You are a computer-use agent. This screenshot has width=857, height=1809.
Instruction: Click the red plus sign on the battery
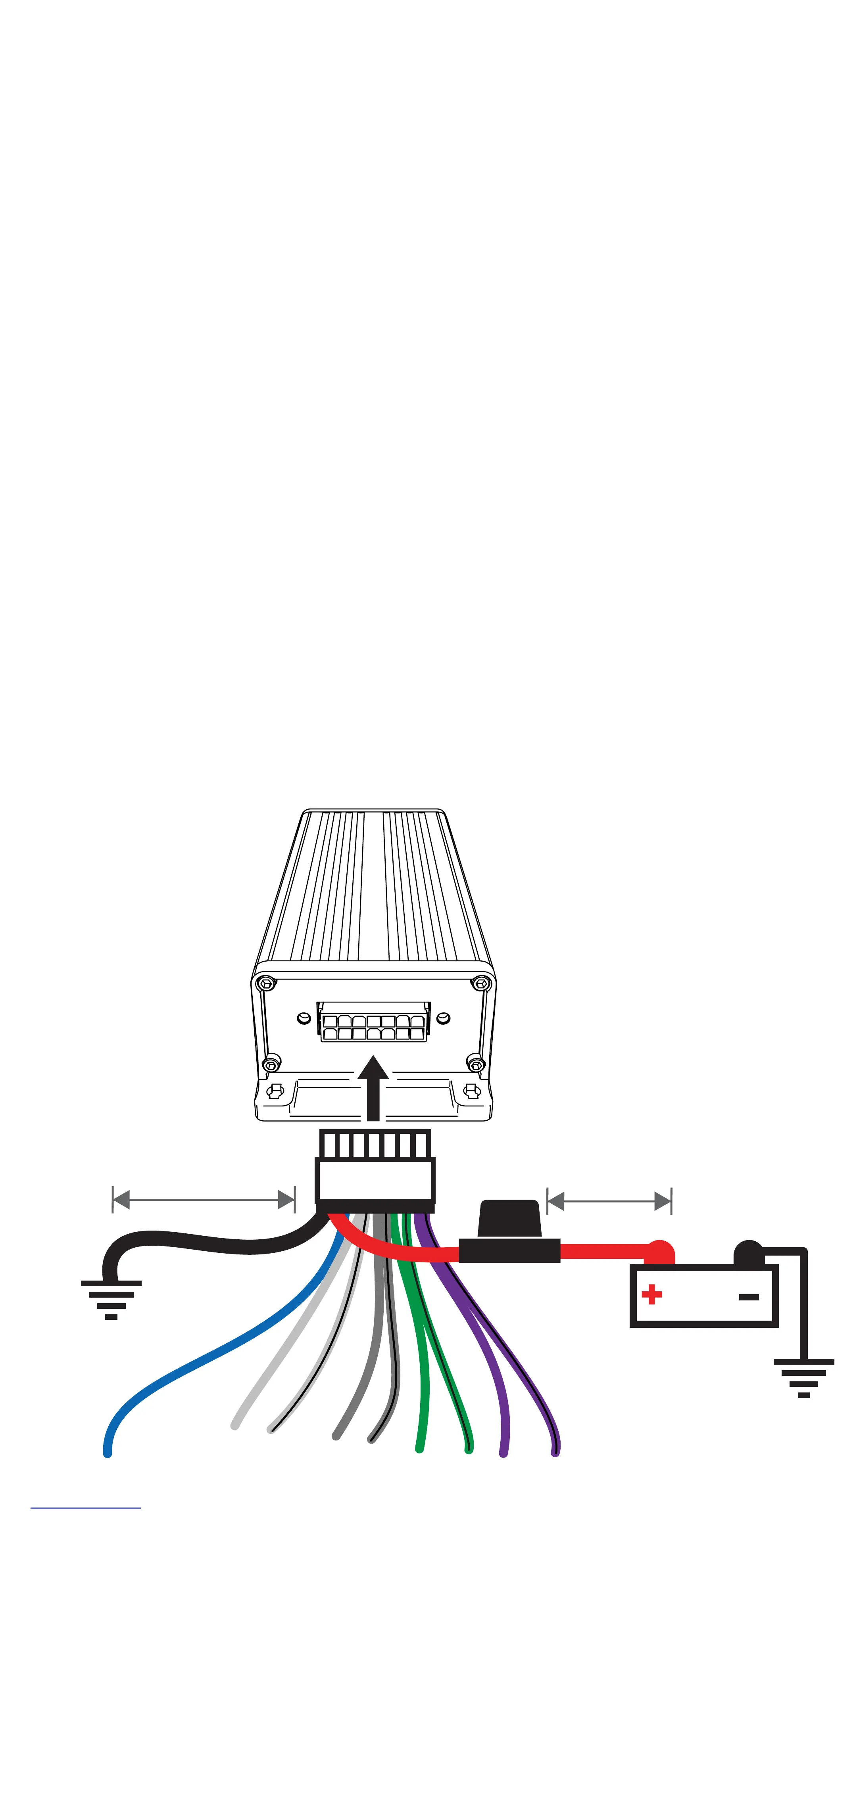(x=651, y=1294)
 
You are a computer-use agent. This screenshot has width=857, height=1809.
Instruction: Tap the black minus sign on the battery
(x=749, y=1296)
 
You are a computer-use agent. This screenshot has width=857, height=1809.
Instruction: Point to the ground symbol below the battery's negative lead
(x=803, y=1378)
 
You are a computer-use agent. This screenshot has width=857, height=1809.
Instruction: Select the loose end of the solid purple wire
(x=503, y=1451)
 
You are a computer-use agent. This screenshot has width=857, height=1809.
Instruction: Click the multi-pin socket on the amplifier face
(x=374, y=1022)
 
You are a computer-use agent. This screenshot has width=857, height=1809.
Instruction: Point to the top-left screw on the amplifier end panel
(x=265, y=983)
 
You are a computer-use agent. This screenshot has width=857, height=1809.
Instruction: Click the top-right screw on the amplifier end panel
(x=481, y=983)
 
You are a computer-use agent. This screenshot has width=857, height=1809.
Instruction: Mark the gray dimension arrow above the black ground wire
(x=204, y=1199)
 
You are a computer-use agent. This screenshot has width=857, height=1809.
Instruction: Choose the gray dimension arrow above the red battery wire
(x=609, y=1201)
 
